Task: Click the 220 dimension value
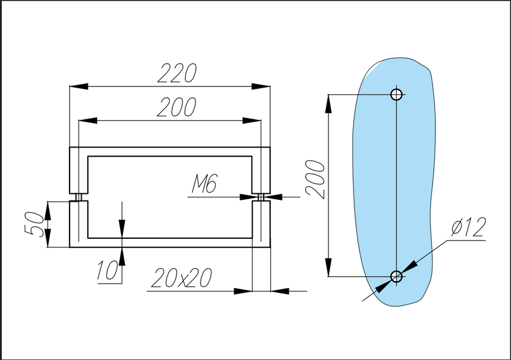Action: [177, 73]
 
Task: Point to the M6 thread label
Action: [204, 184]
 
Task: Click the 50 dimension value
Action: [34, 224]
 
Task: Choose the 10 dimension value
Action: [107, 270]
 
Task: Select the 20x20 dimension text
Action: [181, 278]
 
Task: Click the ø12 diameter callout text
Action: [468, 227]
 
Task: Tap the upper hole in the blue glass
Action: [396, 95]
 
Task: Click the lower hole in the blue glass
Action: [396, 277]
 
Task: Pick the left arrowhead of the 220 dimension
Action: [79, 86]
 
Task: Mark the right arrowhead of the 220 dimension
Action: [261, 86]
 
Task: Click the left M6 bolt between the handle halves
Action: [79, 197]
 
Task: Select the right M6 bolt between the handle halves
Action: [261, 197]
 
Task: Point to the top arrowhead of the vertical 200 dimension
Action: [328, 104]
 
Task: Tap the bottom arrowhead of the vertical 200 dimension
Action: [328, 267]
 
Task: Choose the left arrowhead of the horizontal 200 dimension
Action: [88, 121]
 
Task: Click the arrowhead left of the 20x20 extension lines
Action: [243, 291]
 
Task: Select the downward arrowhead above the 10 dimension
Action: [122, 229]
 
